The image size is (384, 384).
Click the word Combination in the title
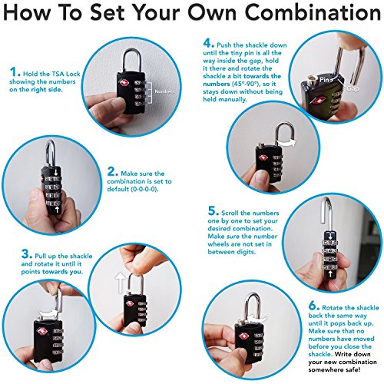tap(313, 12)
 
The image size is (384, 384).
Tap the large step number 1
tap(14, 71)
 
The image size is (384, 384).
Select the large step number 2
tap(111, 171)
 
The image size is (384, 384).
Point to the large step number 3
tap(25, 254)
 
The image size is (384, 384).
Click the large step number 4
tap(207, 43)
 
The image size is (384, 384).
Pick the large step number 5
tap(212, 211)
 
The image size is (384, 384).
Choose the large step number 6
tap(313, 306)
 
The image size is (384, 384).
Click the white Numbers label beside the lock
tap(164, 91)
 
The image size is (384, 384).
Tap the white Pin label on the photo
tap(324, 80)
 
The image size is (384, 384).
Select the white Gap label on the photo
tap(353, 88)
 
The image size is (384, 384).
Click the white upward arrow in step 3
tap(120, 283)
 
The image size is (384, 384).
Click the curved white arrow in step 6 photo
tap(258, 319)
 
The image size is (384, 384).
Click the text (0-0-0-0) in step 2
tap(144, 189)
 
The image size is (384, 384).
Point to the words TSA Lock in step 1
tap(66, 74)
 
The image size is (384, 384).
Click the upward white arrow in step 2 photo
tap(57, 210)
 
